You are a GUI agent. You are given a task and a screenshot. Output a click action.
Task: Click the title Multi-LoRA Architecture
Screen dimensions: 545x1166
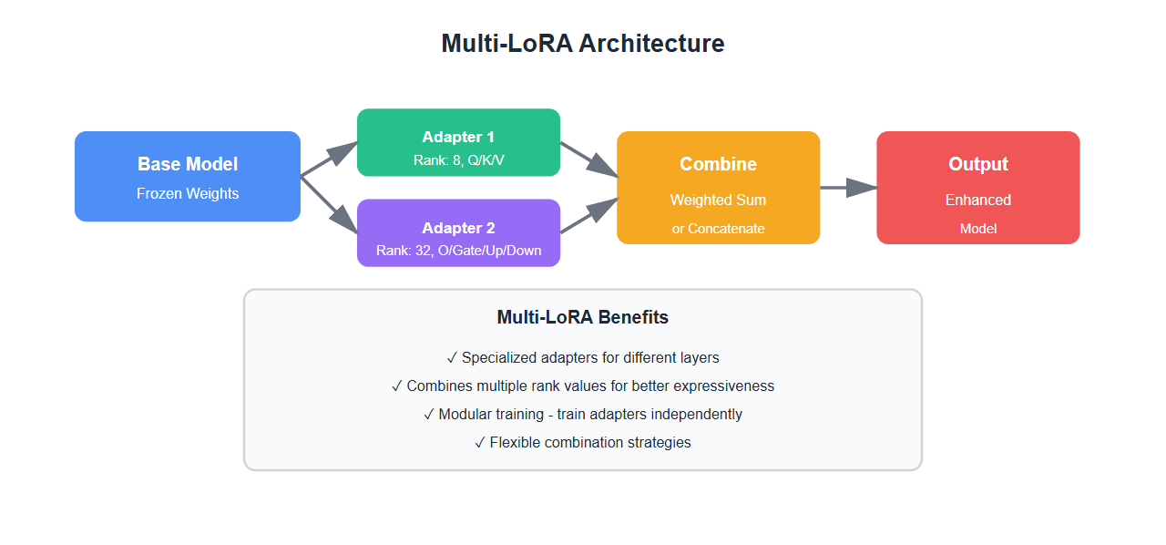point(582,44)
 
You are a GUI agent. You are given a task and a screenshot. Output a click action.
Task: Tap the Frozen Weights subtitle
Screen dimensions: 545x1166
point(187,193)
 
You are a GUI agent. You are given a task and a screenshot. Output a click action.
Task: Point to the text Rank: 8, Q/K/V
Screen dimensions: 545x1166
point(458,160)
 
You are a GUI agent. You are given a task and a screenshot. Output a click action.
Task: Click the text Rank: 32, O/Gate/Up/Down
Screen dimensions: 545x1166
point(458,250)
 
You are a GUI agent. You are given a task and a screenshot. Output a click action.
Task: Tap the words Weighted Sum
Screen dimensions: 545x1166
point(718,200)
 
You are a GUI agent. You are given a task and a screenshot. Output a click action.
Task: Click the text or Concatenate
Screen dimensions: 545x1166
point(718,229)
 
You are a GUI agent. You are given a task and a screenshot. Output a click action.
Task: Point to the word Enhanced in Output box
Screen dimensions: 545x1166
point(977,200)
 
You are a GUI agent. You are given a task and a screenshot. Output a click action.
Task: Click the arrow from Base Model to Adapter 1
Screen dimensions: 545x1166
point(329,159)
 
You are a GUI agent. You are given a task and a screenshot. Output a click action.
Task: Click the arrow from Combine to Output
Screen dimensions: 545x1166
point(847,188)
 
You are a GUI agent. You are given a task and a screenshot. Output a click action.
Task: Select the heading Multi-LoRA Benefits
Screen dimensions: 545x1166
point(582,317)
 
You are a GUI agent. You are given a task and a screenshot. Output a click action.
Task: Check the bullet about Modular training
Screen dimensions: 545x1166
point(582,414)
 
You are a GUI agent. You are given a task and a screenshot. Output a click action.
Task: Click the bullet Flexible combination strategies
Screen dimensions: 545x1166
point(582,442)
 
